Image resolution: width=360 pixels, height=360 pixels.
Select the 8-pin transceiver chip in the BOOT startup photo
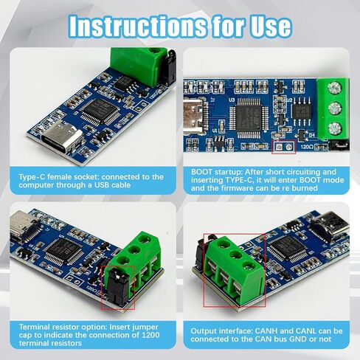pos(301,113)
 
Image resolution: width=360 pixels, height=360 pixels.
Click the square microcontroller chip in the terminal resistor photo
pos(61,252)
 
